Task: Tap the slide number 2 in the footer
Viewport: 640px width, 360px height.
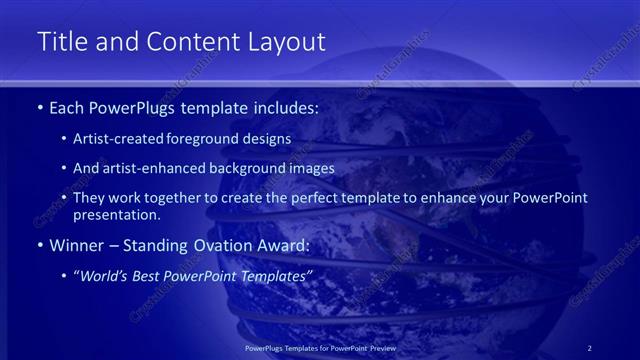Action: (x=590, y=347)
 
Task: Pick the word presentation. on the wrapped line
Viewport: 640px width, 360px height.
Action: (x=117, y=214)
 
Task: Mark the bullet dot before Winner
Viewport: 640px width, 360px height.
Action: (x=38, y=245)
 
